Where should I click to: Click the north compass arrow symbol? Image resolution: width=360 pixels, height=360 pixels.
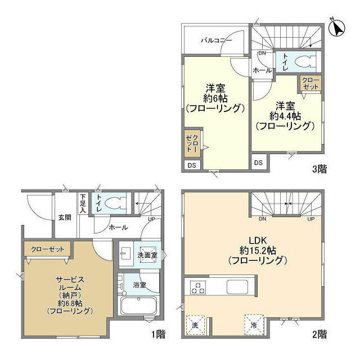336,28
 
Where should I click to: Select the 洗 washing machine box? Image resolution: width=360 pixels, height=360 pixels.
195,325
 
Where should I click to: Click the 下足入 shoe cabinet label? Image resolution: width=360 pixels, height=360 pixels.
83,203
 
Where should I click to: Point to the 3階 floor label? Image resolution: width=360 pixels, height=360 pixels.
318,168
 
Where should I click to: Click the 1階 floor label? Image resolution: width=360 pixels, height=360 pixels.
157,334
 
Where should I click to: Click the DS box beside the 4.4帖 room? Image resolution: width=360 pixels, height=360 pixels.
258,163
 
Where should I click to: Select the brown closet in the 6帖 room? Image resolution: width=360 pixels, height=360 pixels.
192,143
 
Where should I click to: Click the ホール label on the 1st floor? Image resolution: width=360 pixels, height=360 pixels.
118,227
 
